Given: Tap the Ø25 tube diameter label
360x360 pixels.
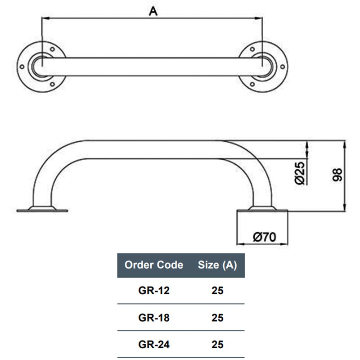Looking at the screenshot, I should coord(300,173).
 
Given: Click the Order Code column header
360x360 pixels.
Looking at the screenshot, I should coord(154,265).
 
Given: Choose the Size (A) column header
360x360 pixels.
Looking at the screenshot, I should coord(217,265).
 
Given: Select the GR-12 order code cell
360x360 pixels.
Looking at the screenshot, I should coord(154,291).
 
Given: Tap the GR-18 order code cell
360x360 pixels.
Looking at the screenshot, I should coord(154,318).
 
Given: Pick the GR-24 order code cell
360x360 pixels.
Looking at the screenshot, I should coord(154,345).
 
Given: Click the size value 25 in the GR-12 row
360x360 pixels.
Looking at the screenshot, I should coord(217,291).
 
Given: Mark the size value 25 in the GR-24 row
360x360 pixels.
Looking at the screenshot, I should coord(217,345).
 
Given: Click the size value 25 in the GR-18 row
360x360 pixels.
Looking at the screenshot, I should coord(217,318).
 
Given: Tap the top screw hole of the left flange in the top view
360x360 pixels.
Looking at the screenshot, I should coord(52,49).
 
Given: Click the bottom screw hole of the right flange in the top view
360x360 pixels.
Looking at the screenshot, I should coord(253,84).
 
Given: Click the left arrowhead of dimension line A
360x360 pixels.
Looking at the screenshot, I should coord(44,18).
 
